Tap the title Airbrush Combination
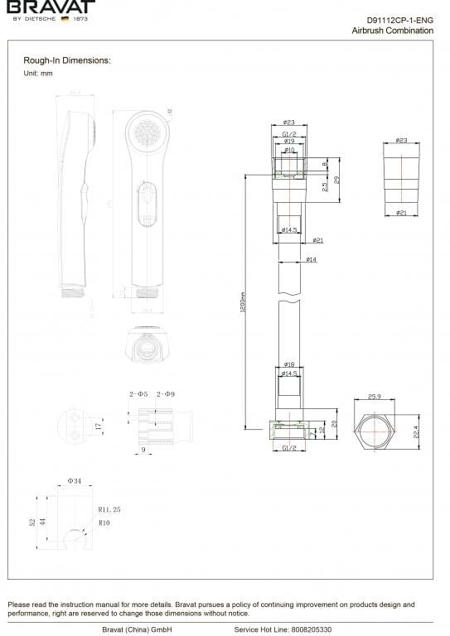click(392, 31)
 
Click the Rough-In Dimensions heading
click(67, 60)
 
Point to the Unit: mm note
click(38, 74)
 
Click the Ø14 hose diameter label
click(312, 260)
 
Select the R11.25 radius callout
click(109, 510)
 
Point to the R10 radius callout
click(104, 523)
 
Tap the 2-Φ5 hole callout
click(138, 393)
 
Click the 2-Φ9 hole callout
click(166, 393)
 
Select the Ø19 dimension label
click(289, 142)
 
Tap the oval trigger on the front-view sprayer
click(146, 206)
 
